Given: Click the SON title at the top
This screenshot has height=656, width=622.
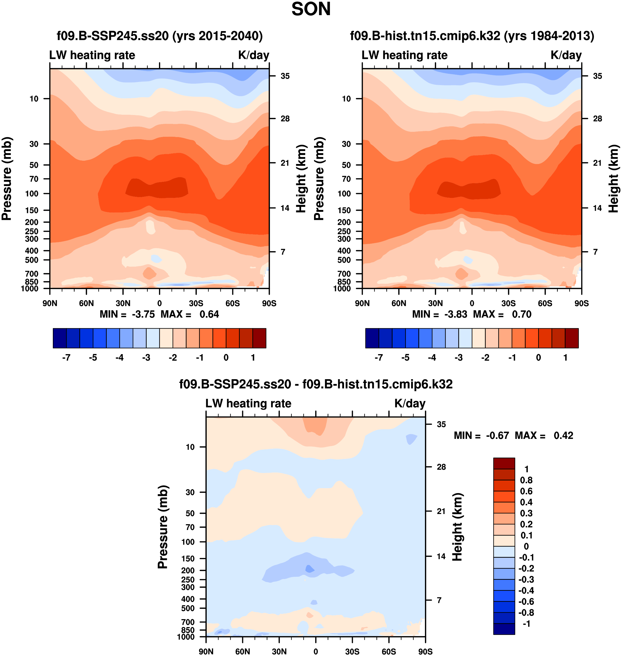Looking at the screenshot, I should [x=311, y=9].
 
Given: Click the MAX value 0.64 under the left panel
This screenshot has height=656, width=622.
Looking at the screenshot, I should [x=209, y=314].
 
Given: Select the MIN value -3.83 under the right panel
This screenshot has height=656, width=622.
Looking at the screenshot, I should [x=455, y=314].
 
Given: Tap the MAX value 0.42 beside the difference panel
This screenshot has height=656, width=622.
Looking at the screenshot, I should [x=563, y=435].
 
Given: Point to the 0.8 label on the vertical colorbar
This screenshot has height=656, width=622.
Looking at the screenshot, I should [x=526, y=480].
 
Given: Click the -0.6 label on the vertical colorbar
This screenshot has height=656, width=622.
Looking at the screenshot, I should [x=526, y=601].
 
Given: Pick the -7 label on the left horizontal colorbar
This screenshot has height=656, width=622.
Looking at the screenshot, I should [x=66, y=358].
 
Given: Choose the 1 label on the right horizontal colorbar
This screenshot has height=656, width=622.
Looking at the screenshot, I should [x=565, y=358].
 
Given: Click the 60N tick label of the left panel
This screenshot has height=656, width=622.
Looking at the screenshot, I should [x=86, y=303].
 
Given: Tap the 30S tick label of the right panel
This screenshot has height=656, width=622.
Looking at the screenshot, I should [x=508, y=303].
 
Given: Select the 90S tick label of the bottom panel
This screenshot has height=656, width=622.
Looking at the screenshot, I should [x=425, y=652].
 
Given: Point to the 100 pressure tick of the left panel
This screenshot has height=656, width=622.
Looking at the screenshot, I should [x=32, y=194].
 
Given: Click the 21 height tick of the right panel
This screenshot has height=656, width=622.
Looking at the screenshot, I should [x=597, y=163].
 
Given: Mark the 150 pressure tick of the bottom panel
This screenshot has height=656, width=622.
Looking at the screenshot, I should [x=188, y=559].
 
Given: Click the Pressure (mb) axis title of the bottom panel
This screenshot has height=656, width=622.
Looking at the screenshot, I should [x=163, y=527].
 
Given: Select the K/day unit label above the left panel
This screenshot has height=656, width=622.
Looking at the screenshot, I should [x=254, y=55].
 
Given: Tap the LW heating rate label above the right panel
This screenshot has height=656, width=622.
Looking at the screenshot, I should [x=405, y=55].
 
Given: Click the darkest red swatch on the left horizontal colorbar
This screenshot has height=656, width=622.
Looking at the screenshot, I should [x=259, y=338].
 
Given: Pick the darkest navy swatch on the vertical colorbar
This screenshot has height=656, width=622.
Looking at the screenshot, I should [x=504, y=629].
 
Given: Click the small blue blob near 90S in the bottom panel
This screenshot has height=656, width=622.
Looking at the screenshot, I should [x=411, y=439].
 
